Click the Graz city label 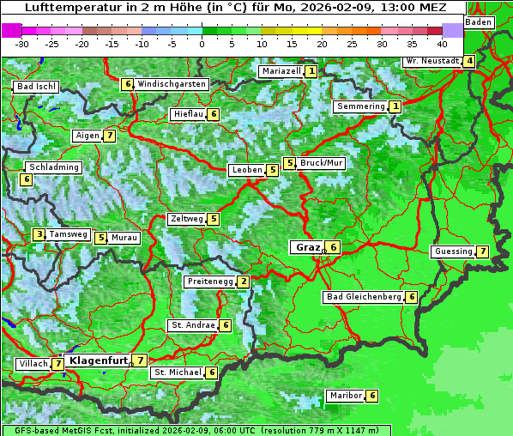point(307,247)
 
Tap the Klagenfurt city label point(98,360)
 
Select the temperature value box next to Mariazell point(311,71)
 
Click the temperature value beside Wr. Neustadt point(468,61)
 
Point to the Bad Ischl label point(36,87)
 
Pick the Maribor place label point(344,396)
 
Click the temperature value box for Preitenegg point(244,282)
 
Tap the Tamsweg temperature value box point(39,234)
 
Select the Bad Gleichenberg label point(364,297)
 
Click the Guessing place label point(453,251)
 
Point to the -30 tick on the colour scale point(22,44)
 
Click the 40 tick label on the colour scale point(442,44)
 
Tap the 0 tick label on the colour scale point(202,44)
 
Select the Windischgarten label point(172,84)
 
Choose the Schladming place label point(53,167)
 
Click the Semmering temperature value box point(395,106)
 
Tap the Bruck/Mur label point(322,162)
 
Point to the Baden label point(480,22)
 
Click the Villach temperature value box point(57,364)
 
